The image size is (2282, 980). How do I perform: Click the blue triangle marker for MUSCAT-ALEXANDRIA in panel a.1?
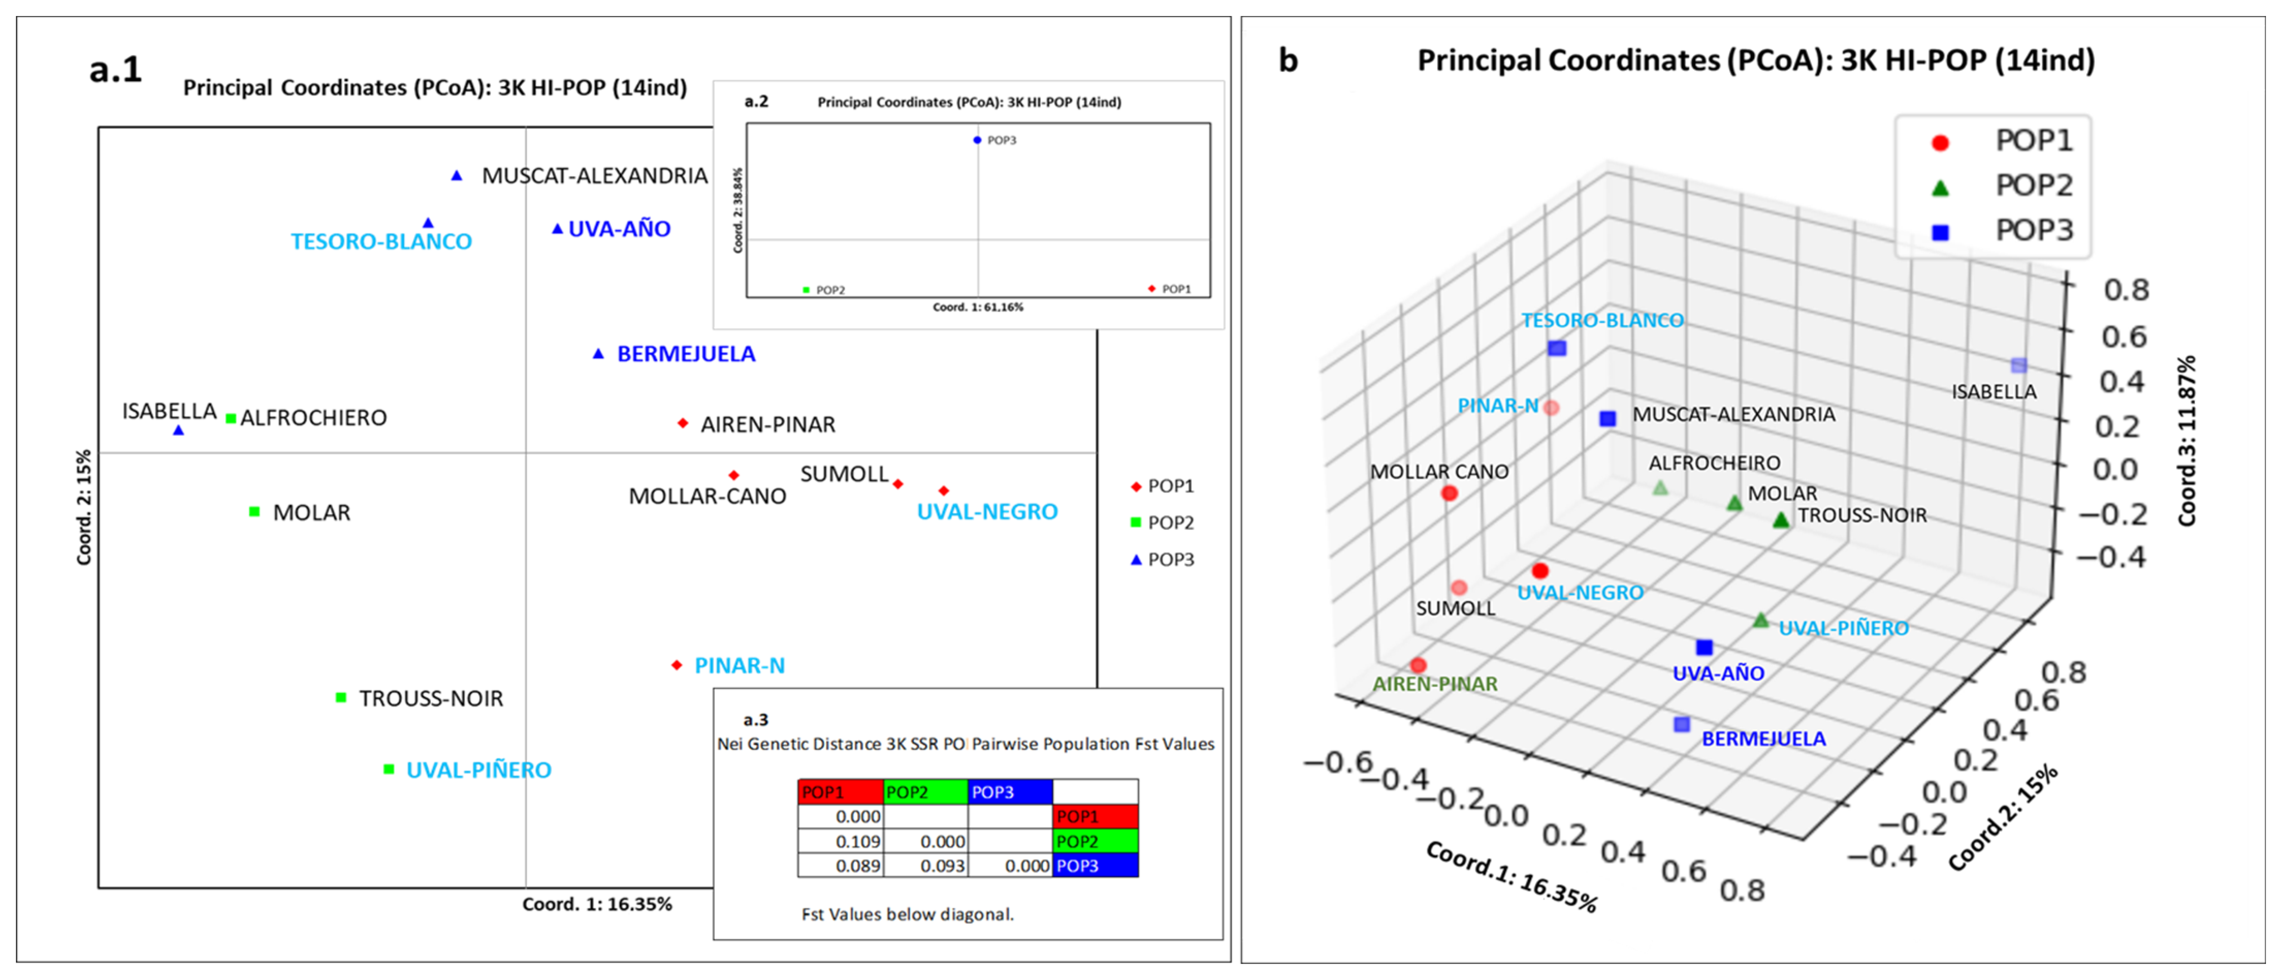coord(456,175)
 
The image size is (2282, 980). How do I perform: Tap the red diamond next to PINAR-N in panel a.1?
coord(677,665)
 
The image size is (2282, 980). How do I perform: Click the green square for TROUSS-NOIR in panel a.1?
coord(341,697)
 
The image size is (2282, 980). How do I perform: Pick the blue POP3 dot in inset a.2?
coord(977,140)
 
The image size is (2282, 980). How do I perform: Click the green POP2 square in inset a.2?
coord(806,290)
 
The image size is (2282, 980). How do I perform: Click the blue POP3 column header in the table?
coord(1010,791)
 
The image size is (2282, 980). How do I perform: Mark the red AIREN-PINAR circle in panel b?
coord(1418,665)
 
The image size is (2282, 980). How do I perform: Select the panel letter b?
coord(1288,60)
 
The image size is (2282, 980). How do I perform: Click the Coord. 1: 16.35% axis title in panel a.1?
coord(597,904)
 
